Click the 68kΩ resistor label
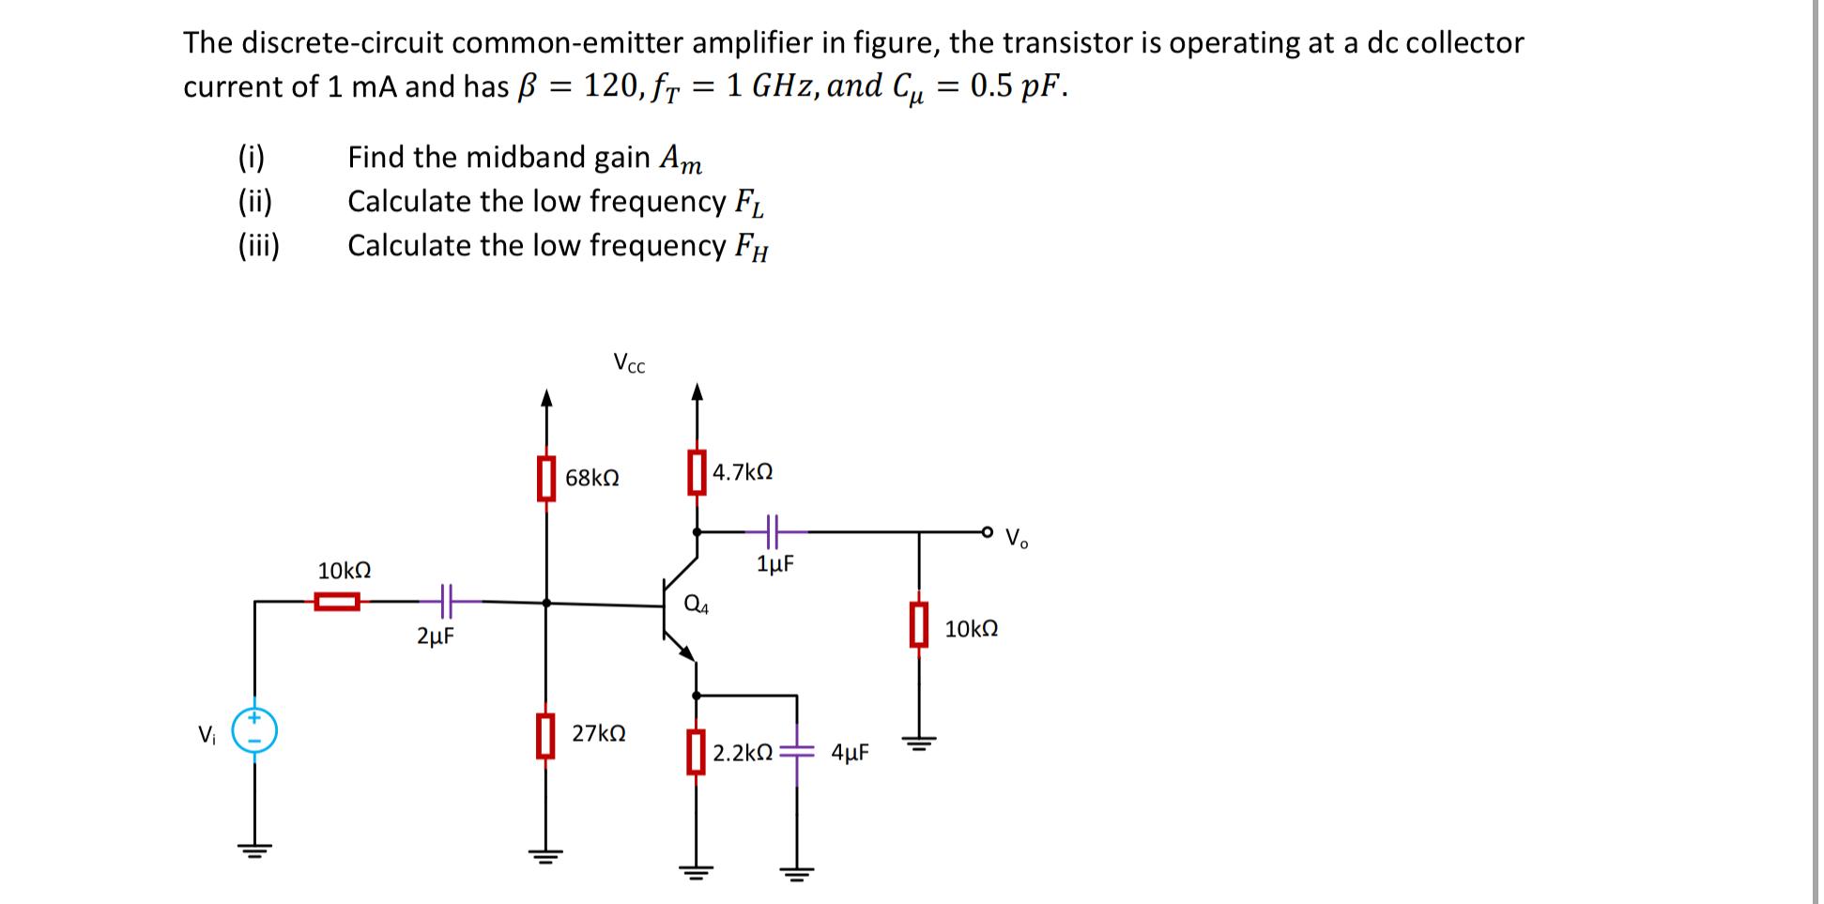[x=591, y=478]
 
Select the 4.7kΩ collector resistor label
[x=743, y=472]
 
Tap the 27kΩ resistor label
[x=599, y=733]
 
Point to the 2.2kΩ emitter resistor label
[x=743, y=753]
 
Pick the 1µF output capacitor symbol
[x=772, y=531]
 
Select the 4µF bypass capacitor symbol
[x=797, y=752]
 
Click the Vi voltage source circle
[x=254, y=730]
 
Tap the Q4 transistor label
[x=697, y=605]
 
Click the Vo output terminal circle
[x=987, y=532]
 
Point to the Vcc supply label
[x=629, y=362]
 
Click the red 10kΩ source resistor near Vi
[x=337, y=601]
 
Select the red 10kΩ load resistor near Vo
[x=919, y=625]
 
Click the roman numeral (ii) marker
[x=254, y=201]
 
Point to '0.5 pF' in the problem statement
[x=1017, y=86]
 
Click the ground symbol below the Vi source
[x=254, y=850]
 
